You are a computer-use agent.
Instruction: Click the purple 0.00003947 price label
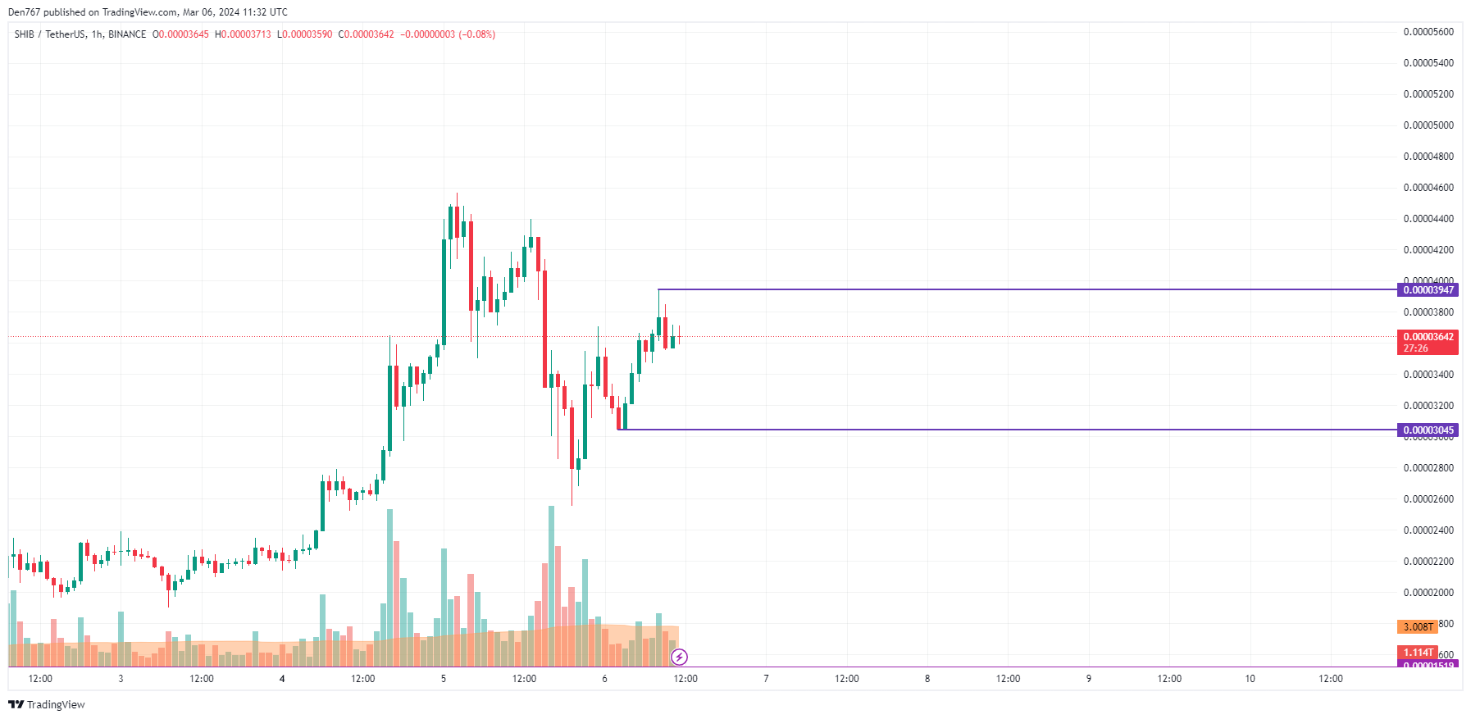tap(1428, 289)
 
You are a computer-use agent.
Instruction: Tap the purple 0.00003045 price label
tap(1428, 430)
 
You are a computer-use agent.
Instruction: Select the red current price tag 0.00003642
tap(1428, 337)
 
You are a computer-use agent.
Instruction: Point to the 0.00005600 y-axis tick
tap(1428, 32)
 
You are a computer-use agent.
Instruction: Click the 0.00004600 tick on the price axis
tap(1428, 188)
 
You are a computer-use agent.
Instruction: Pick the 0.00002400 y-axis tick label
tap(1428, 530)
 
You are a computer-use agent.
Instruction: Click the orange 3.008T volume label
tap(1418, 627)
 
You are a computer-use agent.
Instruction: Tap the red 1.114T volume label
tap(1418, 653)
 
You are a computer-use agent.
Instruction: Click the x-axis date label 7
tap(766, 679)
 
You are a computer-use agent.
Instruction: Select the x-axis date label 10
tap(1250, 679)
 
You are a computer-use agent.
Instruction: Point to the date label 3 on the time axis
tap(121, 679)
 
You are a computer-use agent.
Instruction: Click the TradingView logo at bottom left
tap(47, 704)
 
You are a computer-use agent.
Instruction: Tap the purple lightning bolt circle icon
tap(679, 657)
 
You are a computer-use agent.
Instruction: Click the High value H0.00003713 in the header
tap(243, 34)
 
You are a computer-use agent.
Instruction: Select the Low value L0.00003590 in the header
tap(305, 34)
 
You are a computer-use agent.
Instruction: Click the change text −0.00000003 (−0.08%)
tap(448, 34)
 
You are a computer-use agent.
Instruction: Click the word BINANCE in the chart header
tap(127, 34)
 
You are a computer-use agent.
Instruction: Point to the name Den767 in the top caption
tap(24, 12)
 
